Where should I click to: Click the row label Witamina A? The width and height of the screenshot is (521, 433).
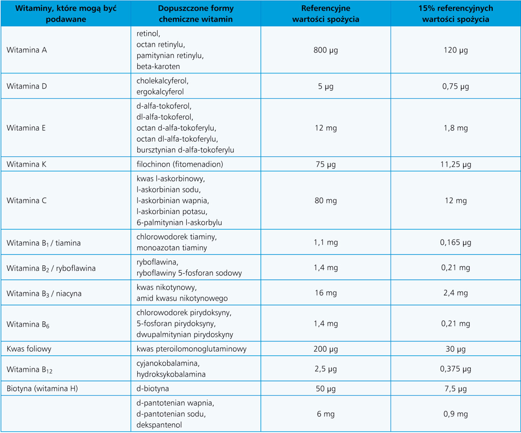point(27,50)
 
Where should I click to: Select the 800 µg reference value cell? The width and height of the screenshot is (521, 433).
point(326,50)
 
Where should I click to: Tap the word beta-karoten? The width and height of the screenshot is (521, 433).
point(158,66)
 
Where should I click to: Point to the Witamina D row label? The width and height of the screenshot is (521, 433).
point(27,86)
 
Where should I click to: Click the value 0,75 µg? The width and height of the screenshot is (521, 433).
point(456,86)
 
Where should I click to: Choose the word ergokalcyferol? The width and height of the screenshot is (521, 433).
point(160,92)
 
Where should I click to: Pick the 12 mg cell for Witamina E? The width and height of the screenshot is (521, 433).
point(326,128)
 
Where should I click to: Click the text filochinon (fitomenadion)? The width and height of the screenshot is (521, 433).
point(179,165)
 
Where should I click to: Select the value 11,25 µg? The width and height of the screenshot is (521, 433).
point(456,165)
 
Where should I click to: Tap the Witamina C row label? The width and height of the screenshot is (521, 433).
point(27,201)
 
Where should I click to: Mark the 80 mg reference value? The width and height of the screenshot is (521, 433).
point(326,201)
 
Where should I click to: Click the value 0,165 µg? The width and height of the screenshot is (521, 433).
point(456,243)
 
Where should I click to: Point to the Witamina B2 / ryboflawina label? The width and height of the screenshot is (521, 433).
point(51,268)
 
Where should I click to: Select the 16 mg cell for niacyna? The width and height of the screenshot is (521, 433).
point(326,293)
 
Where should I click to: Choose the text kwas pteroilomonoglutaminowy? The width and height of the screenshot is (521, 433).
point(191,349)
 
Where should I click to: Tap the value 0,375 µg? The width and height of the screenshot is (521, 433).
point(456,369)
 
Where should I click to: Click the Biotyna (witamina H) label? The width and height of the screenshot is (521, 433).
point(42,389)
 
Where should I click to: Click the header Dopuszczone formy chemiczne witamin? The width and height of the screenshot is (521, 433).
point(195,13)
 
